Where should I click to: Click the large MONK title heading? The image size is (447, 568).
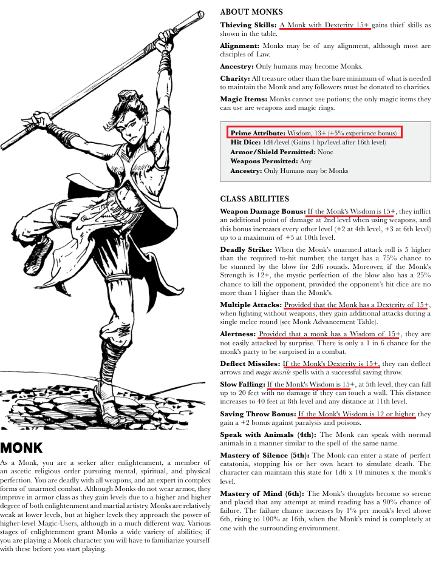tap(22, 448)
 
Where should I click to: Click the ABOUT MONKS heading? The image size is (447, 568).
tap(251, 12)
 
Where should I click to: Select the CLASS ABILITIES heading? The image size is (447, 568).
tap(254, 199)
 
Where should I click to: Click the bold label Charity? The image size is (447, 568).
tap(235, 79)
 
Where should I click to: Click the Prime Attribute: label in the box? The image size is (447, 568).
tap(258, 133)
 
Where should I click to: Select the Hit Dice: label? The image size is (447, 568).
tap(244, 142)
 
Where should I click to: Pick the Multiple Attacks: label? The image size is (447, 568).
tap(251, 305)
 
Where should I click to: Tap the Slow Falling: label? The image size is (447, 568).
tap(242, 385)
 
